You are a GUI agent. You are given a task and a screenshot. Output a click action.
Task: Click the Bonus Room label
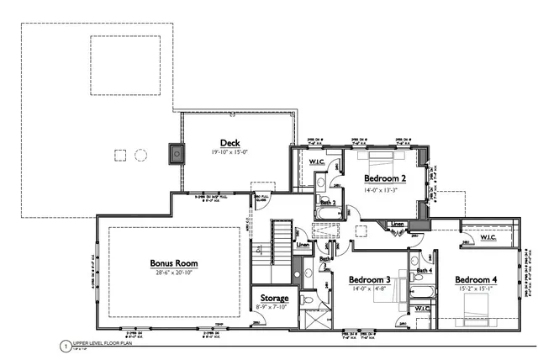pos(175,262)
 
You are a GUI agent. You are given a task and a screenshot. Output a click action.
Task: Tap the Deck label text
pos(230,142)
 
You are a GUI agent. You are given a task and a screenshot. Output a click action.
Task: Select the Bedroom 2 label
pos(386,179)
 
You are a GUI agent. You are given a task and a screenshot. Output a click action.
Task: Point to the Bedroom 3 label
pos(370,279)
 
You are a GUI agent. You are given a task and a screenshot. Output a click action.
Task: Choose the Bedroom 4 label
pos(477,279)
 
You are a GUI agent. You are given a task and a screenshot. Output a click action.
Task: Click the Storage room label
pos(274,299)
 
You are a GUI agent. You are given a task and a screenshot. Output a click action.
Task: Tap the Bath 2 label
pos(328,203)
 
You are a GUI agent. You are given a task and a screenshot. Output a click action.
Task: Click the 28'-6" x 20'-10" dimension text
pos(175,273)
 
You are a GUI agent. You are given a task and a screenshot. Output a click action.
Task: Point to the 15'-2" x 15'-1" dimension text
pos(477,289)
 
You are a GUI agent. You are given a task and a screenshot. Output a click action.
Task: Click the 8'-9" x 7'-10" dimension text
pos(274,308)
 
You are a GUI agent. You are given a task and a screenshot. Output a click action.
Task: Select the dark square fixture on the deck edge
pos(177,155)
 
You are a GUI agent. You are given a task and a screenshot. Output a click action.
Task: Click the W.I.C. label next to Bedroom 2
pos(317,161)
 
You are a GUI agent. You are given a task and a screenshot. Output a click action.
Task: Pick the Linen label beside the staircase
pos(303,246)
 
